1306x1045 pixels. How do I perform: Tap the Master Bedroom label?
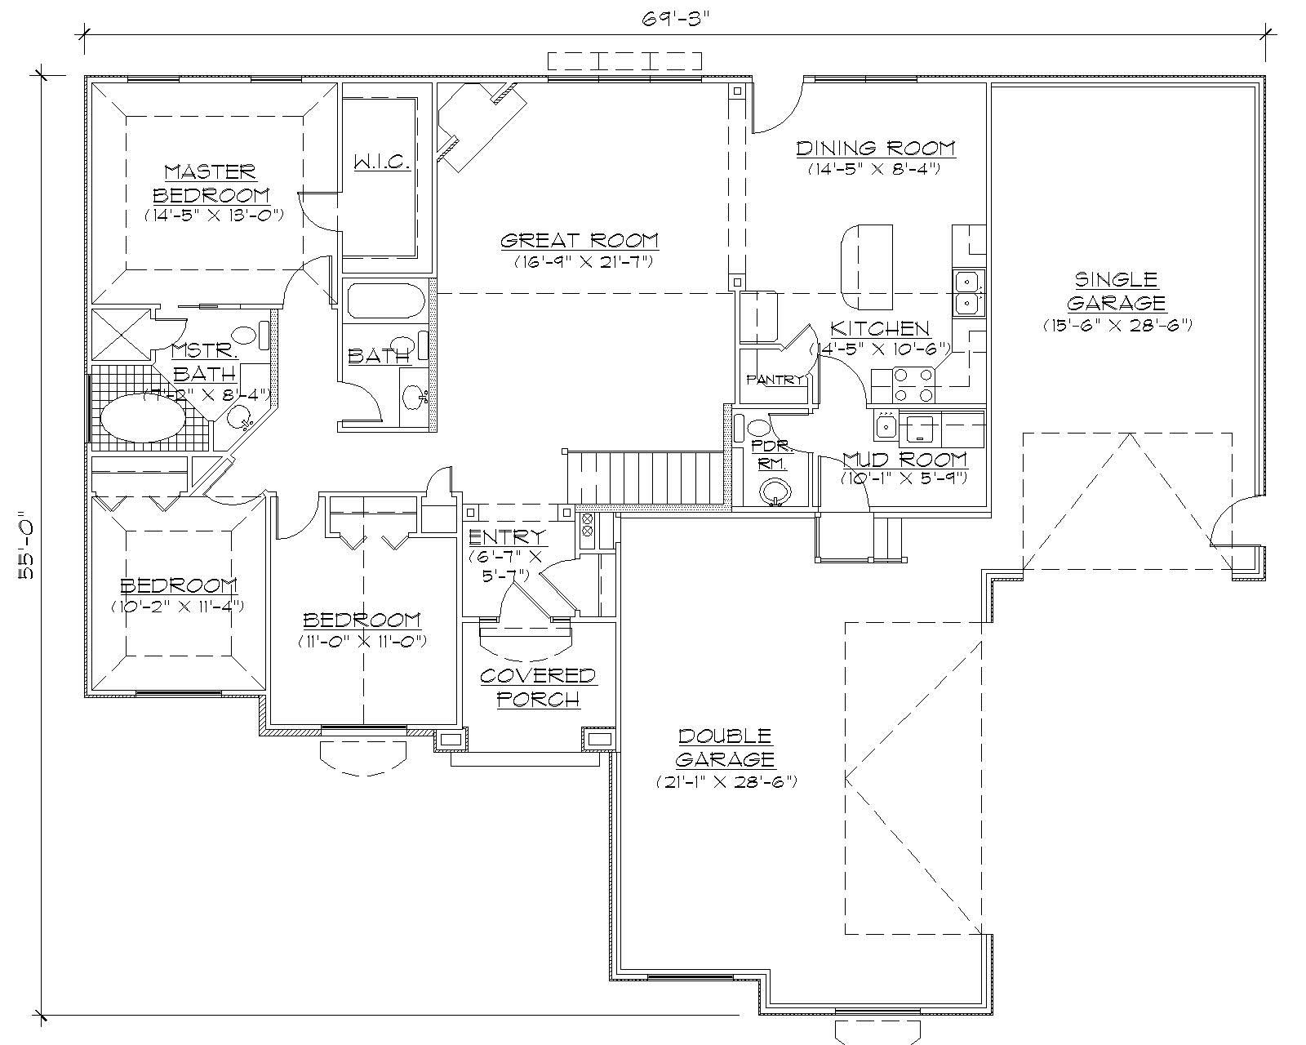click(211, 184)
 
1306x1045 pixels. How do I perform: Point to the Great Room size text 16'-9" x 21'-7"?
click(579, 262)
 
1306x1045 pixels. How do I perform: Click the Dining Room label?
click(875, 148)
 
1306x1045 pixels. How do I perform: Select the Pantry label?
click(775, 380)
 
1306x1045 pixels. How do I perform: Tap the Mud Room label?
click(904, 459)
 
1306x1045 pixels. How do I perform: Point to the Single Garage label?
click(1116, 291)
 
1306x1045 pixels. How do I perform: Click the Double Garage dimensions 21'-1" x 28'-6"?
click(726, 781)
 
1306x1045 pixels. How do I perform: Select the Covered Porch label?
click(538, 687)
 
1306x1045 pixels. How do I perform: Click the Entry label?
click(507, 537)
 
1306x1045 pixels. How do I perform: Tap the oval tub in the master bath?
click(142, 419)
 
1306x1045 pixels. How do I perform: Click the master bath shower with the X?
click(120, 334)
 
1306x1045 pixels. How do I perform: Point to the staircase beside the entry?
click(645, 478)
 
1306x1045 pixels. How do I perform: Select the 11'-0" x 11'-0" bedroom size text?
click(362, 641)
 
